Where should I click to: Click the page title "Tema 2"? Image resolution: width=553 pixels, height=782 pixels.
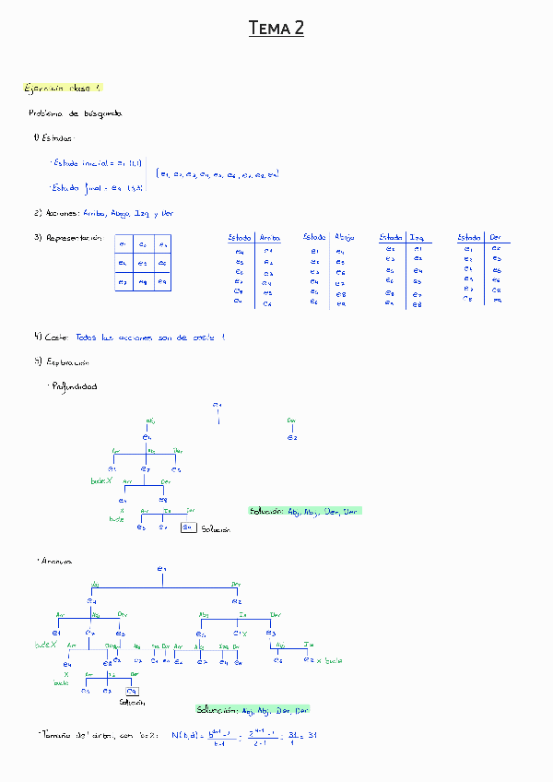tap(276, 30)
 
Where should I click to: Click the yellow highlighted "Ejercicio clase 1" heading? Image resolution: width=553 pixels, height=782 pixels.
tap(63, 88)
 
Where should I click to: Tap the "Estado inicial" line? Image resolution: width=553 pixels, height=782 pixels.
tap(95, 162)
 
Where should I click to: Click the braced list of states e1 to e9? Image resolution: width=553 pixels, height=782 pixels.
tap(218, 173)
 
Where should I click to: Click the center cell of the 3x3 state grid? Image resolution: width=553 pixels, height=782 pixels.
tap(142, 263)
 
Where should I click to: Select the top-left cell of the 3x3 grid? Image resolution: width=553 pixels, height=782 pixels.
tap(123, 244)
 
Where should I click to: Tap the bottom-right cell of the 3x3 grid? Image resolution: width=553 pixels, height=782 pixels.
tap(161, 281)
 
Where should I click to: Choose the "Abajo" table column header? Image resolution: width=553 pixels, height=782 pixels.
tap(345, 237)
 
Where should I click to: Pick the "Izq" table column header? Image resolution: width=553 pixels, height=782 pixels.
tap(418, 237)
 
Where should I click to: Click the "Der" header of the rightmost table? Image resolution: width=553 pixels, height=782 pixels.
tap(496, 237)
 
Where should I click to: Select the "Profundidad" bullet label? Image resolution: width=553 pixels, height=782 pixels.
tap(76, 386)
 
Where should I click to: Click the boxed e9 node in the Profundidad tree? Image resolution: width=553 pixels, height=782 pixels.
tap(187, 527)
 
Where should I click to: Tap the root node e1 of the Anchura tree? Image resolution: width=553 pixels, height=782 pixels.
tap(161, 569)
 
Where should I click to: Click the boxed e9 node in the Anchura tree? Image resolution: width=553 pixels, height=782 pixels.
tap(133, 690)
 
